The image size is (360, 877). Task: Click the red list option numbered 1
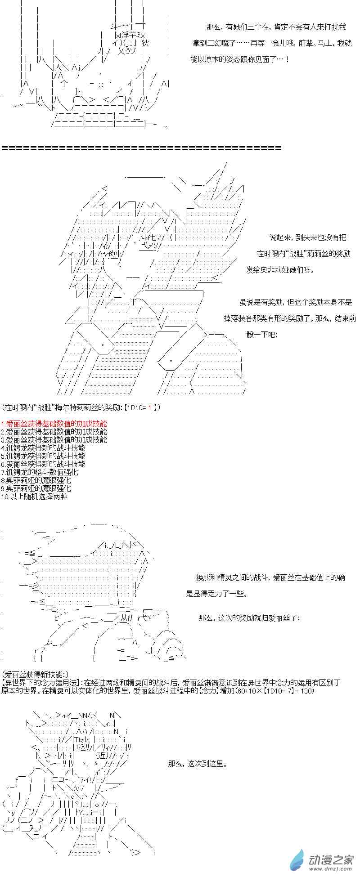tap(54, 423)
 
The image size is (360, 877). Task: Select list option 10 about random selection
tap(34, 496)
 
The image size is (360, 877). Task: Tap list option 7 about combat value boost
tap(40, 472)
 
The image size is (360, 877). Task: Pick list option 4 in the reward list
tap(43, 447)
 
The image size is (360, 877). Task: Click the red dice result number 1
tap(149, 407)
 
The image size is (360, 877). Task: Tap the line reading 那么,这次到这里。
tap(198, 763)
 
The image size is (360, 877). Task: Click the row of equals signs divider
tap(142, 148)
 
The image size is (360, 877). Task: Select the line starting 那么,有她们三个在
tap(276, 27)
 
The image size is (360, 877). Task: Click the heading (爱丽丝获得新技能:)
tap(36, 674)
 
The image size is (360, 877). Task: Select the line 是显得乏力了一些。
tap(217, 593)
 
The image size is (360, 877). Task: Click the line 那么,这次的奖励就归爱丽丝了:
tap(249, 618)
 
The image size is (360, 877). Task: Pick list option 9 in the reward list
tap(36, 488)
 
